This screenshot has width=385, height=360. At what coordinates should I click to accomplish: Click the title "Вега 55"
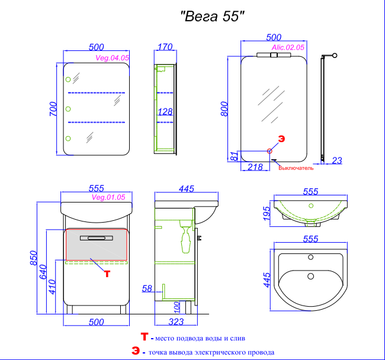click(x=213, y=17)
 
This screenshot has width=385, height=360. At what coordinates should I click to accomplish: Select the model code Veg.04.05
click(x=112, y=58)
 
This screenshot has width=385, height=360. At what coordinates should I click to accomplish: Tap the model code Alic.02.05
click(x=288, y=47)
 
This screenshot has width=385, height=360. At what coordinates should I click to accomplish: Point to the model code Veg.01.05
click(x=108, y=197)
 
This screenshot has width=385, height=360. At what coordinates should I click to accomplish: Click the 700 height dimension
click(x=53, y=109)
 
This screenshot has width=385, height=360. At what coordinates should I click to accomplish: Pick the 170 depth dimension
click(x=165, y=47)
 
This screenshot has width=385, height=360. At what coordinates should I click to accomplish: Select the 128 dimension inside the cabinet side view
click(x=165, y=112)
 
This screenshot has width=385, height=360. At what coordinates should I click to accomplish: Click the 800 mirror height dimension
click(x=224, y=109)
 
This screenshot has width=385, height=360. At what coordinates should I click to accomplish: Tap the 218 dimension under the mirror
click(x=255, y=167)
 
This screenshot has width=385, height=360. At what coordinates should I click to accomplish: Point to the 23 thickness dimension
click(x=337, y=160)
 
